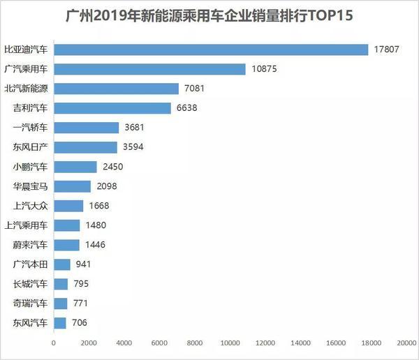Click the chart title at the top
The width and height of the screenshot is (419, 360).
coord(209,15)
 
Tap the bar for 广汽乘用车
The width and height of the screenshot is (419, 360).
coord(149,69)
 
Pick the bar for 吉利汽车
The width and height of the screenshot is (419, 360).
coord(112,108)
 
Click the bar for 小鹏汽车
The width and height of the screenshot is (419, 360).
coord(75,167)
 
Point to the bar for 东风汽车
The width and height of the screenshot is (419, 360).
coord(60,323)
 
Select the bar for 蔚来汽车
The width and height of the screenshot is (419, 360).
coord(66,245)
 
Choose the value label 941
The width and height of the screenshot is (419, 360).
coord(82,264)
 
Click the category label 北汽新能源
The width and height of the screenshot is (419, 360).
coord(27,89)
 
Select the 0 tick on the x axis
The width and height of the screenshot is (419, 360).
coord(54,343)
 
